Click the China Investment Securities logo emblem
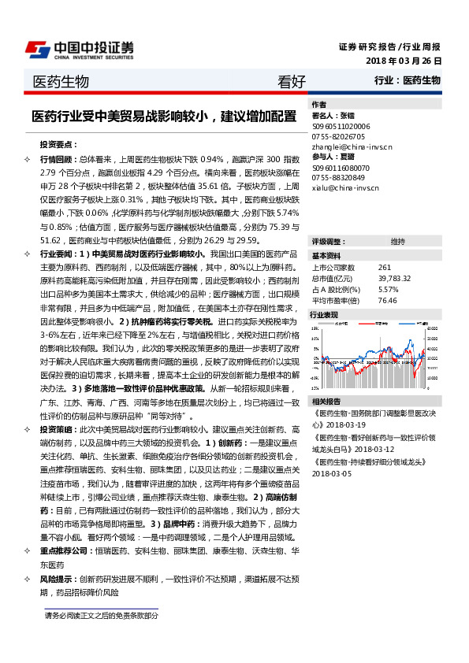tap(38, 50)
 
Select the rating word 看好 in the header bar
tap(291, 81)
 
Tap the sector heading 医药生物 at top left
tap(61, 81)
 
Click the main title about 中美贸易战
tap(164, 117)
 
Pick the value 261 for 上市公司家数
tap(385, 268)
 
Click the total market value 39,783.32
tap(395, 279)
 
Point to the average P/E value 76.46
tap(387, 300)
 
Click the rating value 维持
tap(398, 241)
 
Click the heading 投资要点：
tap(59, 145)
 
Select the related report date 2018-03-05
tap(333, 474)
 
